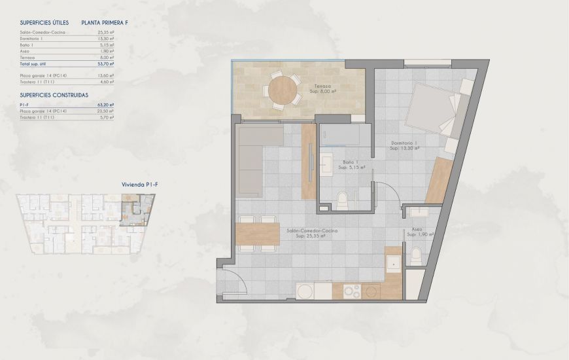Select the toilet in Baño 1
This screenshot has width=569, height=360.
pyautogui.click(x=341, y=198)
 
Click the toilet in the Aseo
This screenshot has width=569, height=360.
pyautogui.click(x=415, y=255)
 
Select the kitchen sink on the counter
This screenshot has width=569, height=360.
pyautogui.click(x=392, y=263)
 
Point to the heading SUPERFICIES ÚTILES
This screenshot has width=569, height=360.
pyautogui.click(x=44, y=23)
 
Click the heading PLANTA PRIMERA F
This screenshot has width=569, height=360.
pyautogui.click(x=104, y=23)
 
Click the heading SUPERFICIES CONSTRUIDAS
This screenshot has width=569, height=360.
pyautogui.click(x=54, y=95)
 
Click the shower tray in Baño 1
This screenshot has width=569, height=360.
pyautogui.click(x=341, y=135)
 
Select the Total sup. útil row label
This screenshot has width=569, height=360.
pyautogui.click(x=35, y=64)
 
